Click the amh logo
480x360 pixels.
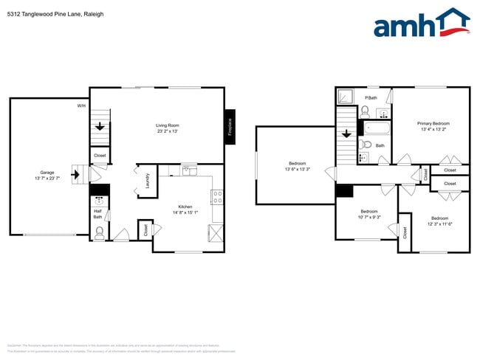click(x=421, y=24)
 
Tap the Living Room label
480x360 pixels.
click(x=167, y=125)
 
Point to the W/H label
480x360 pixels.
click(x=82, y=106)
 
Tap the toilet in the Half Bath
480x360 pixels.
click(x=100, y=234)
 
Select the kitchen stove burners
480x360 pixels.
click(x=218, y=197)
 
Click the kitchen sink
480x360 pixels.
click(x=189, y=170)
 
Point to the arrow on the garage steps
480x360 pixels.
click(x=75, y=175)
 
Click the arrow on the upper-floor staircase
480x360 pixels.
click(x=347, y=134)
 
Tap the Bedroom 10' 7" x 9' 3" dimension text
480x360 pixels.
click(x=368, y=217)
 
